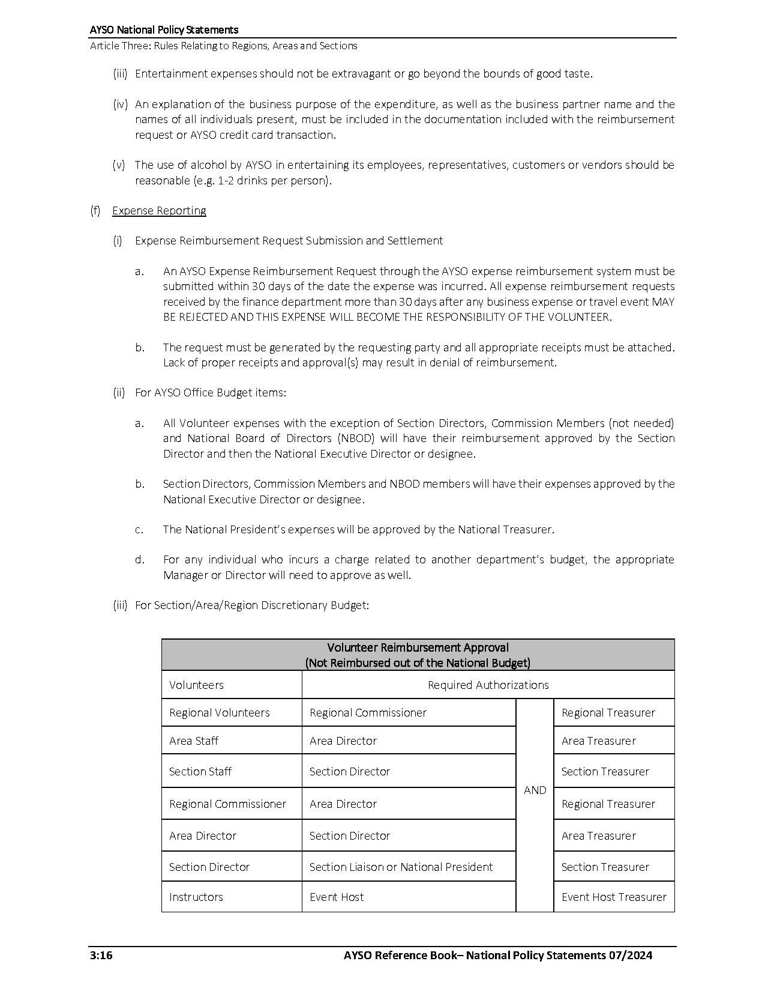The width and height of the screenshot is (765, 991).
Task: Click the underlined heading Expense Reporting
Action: pos(159,211)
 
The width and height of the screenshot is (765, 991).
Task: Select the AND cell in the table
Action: pos(535,790)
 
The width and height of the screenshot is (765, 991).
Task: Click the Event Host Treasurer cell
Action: pos(614,897)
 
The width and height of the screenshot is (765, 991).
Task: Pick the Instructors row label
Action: pos(196,897)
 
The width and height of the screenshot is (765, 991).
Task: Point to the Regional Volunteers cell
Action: pos(220,713)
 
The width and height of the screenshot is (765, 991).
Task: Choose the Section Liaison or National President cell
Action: pos(401,867)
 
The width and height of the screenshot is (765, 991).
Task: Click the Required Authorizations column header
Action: pos(488,685)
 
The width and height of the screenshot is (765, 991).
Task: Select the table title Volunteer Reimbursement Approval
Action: pos(418,648)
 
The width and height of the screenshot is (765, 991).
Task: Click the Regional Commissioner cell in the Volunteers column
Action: pos(227,804)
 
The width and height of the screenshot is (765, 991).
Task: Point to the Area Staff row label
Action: pos(194,741)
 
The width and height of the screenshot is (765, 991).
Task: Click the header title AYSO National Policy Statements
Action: pos(164,30)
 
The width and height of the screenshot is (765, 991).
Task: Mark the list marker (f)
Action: pos(95,211)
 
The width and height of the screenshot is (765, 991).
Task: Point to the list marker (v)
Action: pos(119,165)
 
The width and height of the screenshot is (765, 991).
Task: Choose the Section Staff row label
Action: pos(200,772)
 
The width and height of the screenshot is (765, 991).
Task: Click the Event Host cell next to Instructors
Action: pos(337,897)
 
